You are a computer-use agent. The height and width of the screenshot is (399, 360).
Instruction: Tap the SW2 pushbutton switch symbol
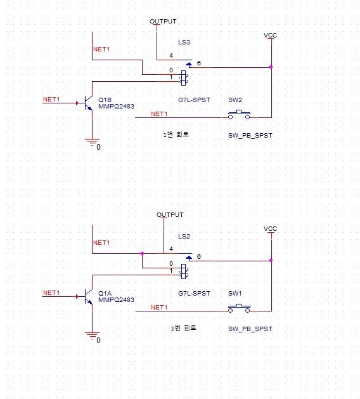(239, 114)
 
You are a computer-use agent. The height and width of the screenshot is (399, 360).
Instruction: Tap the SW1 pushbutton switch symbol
(239, 308)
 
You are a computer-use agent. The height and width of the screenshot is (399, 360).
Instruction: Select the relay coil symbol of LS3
(184, 78)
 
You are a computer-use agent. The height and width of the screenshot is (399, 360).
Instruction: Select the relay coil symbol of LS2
(184, 271)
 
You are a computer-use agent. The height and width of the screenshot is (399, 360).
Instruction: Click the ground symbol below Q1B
(93, 142)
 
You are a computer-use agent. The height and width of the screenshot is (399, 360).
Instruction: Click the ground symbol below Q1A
(93, 336)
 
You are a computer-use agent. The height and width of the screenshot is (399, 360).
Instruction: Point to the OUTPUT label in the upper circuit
(163, 22)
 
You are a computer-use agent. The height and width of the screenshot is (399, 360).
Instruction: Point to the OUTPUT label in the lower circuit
(170, 215)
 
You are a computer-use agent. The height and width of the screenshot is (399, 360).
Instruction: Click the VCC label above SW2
(270, 36)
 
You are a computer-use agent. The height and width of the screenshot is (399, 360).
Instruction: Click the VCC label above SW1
(270, 229)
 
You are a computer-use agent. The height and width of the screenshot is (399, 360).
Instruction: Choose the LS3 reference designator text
(184, 42)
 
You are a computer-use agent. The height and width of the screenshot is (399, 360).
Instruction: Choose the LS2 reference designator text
(184, 237)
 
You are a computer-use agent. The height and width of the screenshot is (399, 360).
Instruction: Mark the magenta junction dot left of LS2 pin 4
(142, 254)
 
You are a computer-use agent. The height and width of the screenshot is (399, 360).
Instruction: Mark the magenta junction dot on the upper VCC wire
(271, 67)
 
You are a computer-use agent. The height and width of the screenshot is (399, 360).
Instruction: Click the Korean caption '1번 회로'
(176, 134)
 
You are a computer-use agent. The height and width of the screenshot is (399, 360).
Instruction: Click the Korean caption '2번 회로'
(184, 328)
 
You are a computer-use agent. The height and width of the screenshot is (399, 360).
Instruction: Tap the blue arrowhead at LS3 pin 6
(189, 64)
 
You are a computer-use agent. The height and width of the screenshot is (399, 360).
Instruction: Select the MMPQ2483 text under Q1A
(116, 300)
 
